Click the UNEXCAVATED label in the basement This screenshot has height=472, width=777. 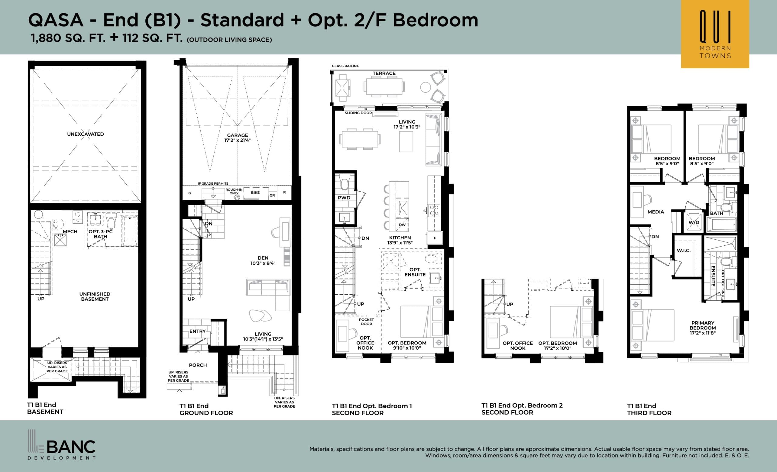coord(86,134)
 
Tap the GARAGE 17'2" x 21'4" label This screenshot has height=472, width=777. coord(237,138)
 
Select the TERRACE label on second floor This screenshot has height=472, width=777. coord(384,73)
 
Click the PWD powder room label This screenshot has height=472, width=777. coord(344,198)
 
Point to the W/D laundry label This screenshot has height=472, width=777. coord(694,222)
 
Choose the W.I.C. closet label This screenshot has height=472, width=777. coord(684,251)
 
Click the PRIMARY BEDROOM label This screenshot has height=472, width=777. coord(703,328)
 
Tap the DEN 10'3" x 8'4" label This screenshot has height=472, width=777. coord(263,261)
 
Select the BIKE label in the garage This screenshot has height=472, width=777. coord(255,193)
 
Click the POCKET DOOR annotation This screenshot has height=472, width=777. coord(366,322)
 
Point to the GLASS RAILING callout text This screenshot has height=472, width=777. coord(345,66)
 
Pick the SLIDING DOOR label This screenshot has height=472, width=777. coord(358,113)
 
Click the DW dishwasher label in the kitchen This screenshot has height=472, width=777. coord(402,225)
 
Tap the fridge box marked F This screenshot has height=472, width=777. coord(435,238)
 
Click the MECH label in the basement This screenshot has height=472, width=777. coord(70,231)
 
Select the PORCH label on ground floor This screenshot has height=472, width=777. coord(198,365)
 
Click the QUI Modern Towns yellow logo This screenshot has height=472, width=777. coord(715,34)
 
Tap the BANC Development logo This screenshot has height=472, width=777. coord(62,445)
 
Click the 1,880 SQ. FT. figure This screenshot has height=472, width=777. coord(68,38)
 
